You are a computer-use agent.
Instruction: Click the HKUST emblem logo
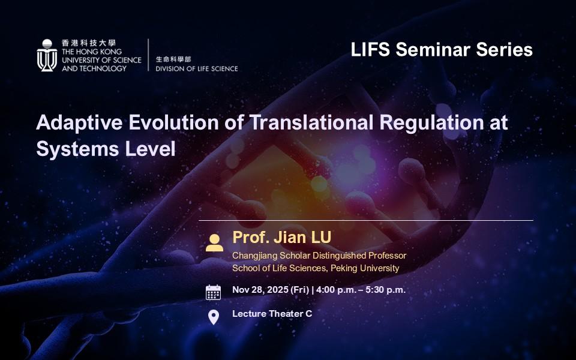(x=47, y=55)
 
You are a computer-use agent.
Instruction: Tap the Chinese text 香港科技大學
(x=89, y=43)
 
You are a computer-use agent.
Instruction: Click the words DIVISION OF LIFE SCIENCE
(x=197, y=68)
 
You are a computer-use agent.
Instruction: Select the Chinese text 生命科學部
(x=173, y=59)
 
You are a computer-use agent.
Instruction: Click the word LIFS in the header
(x=370, y=49)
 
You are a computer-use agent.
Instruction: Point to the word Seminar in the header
(x=433, y=49)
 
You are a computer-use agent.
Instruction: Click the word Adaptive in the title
(x=79, y=122)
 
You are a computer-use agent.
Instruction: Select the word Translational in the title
(x=311, y=122)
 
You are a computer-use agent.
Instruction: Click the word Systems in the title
(x=77, y=149)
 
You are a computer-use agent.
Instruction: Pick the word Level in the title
(x=150, y=149)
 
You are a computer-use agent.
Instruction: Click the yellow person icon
(x=214, y=243)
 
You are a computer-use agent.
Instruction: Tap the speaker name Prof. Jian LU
(x=282, y=238)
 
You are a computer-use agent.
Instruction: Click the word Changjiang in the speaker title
(x=254, y=256)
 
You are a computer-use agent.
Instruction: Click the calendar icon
(x=214, y=292)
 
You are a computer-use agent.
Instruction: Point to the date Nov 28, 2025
(x=260, y=290)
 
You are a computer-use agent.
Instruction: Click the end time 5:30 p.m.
(x=385, y=290)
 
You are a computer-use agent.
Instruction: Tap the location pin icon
(x=214, y=317)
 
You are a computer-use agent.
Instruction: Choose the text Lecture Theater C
(x=272, y=314)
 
